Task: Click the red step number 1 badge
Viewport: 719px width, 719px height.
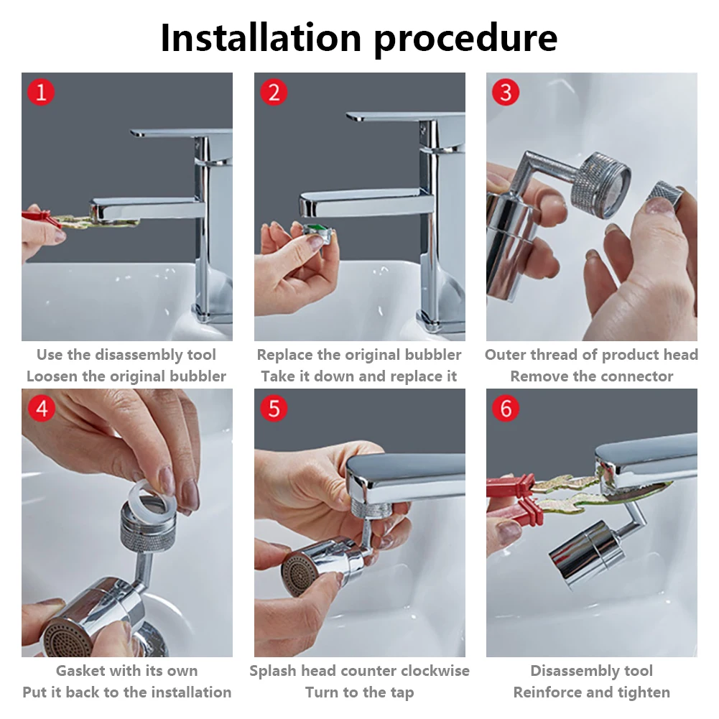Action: [41, 92]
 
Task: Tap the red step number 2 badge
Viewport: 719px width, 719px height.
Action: [274, 93]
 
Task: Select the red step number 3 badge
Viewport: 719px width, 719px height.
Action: [506, 92]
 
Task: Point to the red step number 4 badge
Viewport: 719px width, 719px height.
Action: [41, 408]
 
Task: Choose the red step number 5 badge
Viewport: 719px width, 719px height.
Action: [274, 408]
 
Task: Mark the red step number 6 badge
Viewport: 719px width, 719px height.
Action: [506, 408]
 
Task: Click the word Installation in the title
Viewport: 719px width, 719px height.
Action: [261, 37]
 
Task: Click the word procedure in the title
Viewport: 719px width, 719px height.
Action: [465, 39]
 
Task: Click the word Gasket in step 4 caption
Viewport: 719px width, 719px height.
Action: [80, 671]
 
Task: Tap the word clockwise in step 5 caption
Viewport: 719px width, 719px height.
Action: [433, 671]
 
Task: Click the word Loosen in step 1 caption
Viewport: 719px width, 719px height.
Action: [52, 376]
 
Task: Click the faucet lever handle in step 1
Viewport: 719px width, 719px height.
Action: [181, 133]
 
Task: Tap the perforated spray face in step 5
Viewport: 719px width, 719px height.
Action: [295, 572]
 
